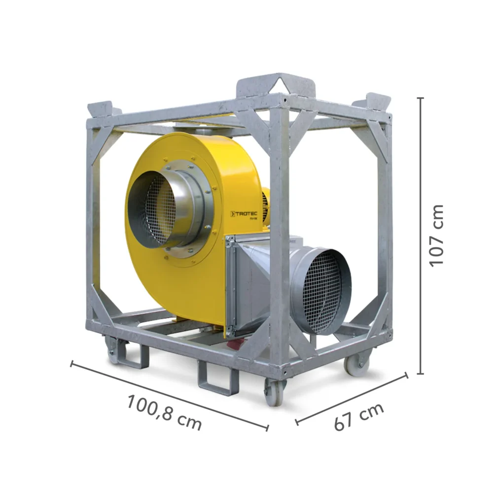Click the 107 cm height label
click(437, 235)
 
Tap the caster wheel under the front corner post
click(275, 392)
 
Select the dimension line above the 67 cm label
click(352, 398)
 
